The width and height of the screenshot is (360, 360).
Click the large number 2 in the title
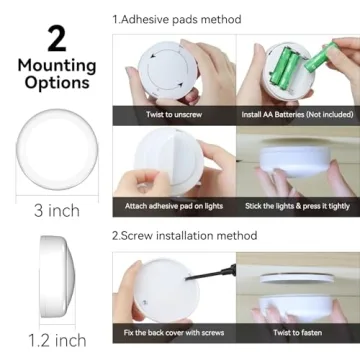click(56, 39)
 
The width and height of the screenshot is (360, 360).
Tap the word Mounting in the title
click(56, 66)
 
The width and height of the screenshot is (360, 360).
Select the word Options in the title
click(56, 83)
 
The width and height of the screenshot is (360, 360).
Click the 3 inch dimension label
click(56, 210)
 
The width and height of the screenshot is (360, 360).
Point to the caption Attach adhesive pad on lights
click(175, 206)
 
